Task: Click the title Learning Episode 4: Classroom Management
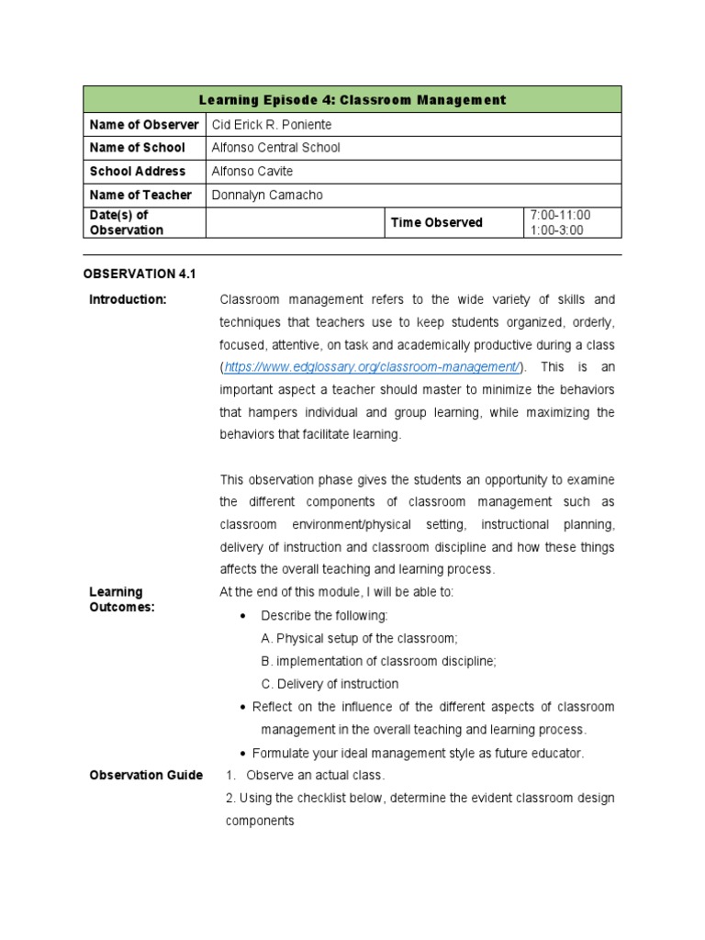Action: (352, 99)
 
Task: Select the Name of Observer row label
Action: (143, 124)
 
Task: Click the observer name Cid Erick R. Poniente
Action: (272, 124)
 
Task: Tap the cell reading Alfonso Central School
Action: (275, 148)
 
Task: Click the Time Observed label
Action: (436, 222)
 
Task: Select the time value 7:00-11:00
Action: (560, 215)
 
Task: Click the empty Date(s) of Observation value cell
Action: (294, 222)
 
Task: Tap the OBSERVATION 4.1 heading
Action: (140, 274)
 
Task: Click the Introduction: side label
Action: (128, 300)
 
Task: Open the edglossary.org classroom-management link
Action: (373, 367)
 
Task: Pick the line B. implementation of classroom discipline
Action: (378, 661)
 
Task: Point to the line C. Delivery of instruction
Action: (330, 684)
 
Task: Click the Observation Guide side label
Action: (146, 776)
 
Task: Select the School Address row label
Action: (137, 172)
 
